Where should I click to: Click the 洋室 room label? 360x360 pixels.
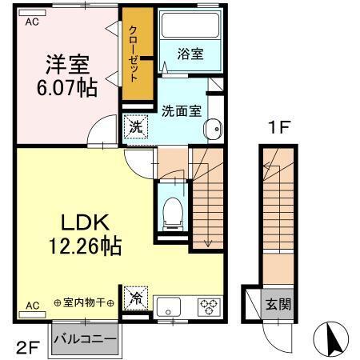[67, 62]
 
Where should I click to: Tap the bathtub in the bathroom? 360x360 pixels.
[190, 27]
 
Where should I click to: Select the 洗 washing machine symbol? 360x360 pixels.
[134, 126]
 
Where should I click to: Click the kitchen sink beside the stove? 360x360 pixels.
[170, 306]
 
